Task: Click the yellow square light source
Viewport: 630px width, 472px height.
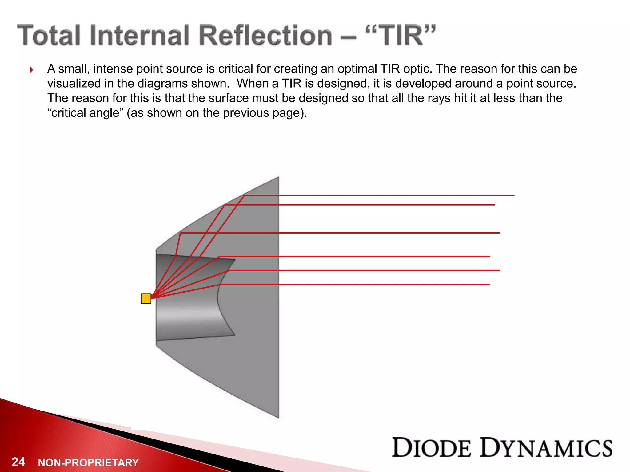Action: point(146,298)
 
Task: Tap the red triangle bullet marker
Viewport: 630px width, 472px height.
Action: point(32,70)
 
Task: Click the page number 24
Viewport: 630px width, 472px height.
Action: point(18,462)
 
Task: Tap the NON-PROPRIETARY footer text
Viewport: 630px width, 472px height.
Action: point(88,462)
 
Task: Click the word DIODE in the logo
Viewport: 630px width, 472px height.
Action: point(432,448)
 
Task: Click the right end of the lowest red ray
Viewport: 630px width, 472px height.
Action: point(488,285)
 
